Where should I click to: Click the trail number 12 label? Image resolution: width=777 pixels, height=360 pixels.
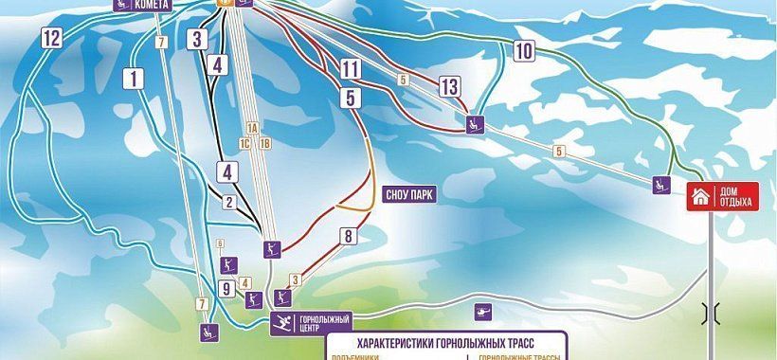point(51,39)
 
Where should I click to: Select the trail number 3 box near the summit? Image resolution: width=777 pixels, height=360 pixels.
point(197,39)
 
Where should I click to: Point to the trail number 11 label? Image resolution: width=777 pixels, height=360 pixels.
point(351,68)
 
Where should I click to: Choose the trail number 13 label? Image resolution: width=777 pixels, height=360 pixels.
point(449,87)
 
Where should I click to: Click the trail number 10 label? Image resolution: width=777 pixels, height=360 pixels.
point(524,51)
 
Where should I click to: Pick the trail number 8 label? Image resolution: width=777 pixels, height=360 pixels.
point(348,236)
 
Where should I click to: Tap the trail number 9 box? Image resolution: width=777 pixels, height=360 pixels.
point(227,289)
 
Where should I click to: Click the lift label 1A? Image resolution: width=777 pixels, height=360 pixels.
point(252,128)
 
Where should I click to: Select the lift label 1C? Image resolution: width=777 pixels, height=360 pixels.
point(244,144)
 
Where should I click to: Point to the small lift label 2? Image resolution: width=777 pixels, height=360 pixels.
point(228,201)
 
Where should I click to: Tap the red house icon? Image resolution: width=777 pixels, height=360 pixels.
point(699,197)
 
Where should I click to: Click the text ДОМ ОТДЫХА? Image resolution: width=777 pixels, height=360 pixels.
point(736,196)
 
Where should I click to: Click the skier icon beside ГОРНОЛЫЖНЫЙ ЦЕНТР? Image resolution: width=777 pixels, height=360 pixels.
point(282,323)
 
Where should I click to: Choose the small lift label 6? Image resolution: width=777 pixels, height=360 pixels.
point(220,244)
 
